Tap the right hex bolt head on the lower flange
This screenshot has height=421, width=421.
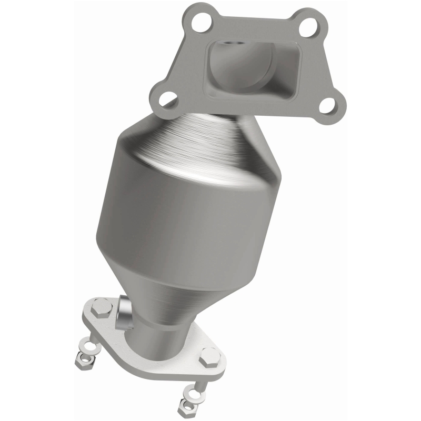tap(209, 356)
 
